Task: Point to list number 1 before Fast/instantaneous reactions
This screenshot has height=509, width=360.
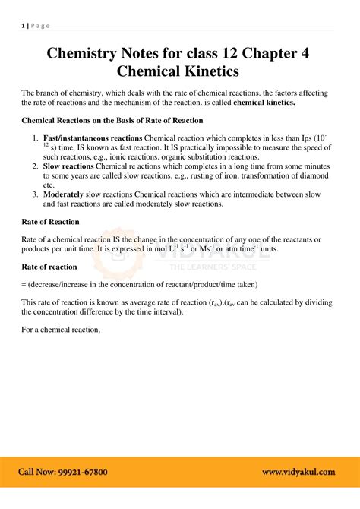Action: coord(35,138)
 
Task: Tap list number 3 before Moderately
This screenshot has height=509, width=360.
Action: coord(35,194)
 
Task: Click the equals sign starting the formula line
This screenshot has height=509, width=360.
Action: coord(24,285)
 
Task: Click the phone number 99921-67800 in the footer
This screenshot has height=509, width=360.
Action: coord(81,472)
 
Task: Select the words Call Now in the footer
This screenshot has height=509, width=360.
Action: coord(35,472)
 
